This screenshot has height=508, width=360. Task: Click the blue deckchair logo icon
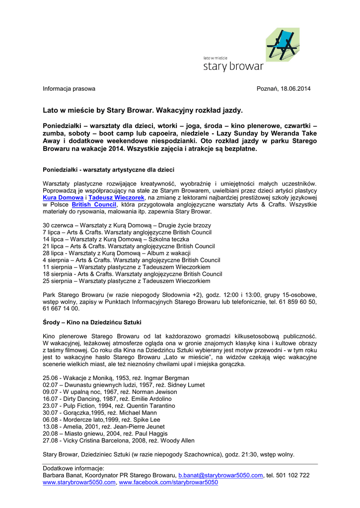(283, 44)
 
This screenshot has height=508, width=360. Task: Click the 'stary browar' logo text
(233, 66)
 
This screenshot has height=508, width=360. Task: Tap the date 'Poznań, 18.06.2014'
(283, 89)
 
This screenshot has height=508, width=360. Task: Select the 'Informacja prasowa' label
(69, 89)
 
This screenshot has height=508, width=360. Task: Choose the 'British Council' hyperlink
(94, 204)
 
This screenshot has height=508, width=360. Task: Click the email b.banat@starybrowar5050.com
(220, 475)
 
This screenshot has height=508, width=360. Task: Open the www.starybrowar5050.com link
(79, 482)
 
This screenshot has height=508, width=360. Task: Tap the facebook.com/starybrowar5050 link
(168, 482)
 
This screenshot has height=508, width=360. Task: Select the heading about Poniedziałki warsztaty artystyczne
(108, 170)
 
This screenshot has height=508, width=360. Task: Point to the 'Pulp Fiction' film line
(109, 406)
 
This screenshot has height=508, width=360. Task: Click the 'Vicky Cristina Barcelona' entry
(119, 441)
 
